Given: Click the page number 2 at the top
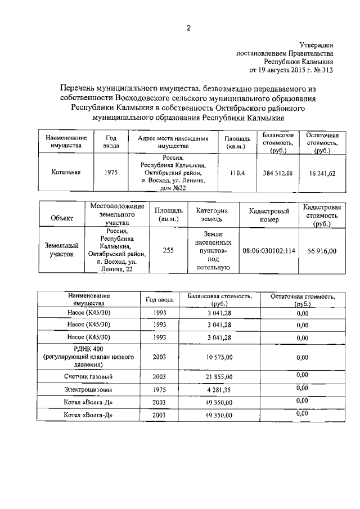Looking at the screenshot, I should point(189,28).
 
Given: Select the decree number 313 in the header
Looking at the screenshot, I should point(327,70).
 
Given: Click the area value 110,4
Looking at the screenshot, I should point(237,173).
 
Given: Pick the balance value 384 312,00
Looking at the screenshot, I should point(278,173).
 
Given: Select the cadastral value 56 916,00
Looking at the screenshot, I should point(322,250).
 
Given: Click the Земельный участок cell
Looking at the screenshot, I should point(61,250).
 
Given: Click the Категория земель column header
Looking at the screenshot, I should point(211,215).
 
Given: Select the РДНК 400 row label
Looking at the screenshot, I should point(89,349).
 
